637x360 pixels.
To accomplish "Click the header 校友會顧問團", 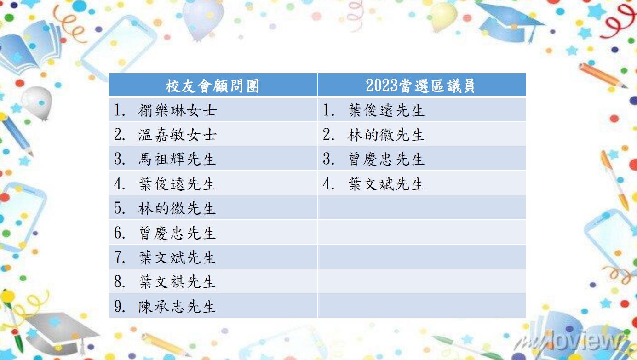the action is coord(212,86).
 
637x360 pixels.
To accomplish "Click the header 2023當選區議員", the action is coord(420,86).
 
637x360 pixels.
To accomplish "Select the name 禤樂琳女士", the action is coord(178,110).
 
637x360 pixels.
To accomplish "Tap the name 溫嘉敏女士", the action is coord(178,135).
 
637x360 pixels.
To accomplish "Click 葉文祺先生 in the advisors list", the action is coord(177,282).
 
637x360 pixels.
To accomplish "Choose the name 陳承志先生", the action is coord(177,307).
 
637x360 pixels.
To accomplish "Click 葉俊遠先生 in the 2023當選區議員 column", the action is coord(386,110).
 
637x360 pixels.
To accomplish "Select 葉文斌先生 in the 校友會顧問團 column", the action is coord(177,257).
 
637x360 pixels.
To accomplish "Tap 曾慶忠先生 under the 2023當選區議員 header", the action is coord(386,159).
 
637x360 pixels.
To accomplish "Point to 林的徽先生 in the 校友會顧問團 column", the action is coord(177,208).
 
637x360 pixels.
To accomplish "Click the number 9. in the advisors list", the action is coord(120,307).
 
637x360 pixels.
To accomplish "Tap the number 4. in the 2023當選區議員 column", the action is coord(328,184).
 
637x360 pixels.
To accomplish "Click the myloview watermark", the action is coord(572,340).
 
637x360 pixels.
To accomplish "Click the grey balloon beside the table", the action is coord(37,103).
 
